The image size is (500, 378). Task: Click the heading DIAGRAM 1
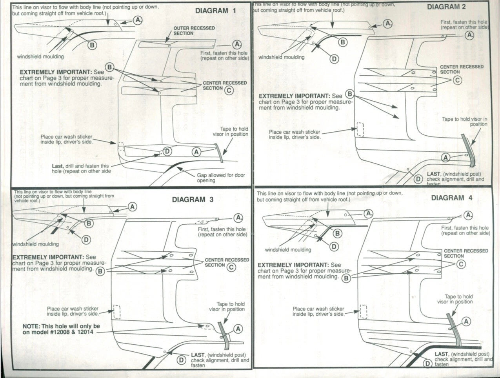(x=216, y=11)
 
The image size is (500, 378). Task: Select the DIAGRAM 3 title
(x=193, y=200)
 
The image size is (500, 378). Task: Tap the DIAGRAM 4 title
(x=452, y=198)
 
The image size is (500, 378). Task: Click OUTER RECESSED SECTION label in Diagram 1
(x=194, y=31)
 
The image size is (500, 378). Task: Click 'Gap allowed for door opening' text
(x=221, y=178)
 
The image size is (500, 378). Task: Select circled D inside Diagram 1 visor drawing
(x=167, y=151)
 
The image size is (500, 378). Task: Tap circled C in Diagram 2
(x=457, y=80)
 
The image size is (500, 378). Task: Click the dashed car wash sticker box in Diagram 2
(x=360, y=129)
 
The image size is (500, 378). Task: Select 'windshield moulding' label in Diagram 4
(x=288, y=249)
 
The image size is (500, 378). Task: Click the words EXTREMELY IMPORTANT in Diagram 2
(x=295, y=96)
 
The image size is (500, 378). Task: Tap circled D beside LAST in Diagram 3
(x=181, y=360)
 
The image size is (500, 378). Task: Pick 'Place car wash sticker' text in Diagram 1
(x=66, y=139)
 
